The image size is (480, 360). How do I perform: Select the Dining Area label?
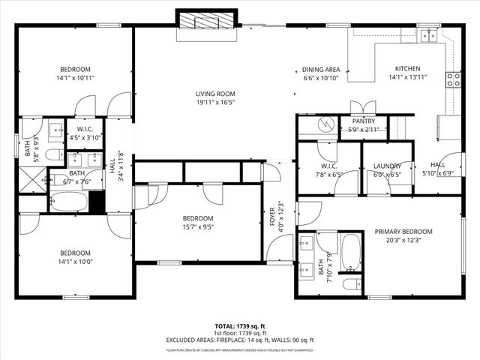321,68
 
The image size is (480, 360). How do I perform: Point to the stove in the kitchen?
453,79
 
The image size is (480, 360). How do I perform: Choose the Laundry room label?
387,166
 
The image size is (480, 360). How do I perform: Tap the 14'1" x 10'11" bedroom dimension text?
75,77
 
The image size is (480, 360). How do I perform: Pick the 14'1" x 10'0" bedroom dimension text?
75,262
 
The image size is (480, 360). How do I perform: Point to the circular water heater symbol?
325,123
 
